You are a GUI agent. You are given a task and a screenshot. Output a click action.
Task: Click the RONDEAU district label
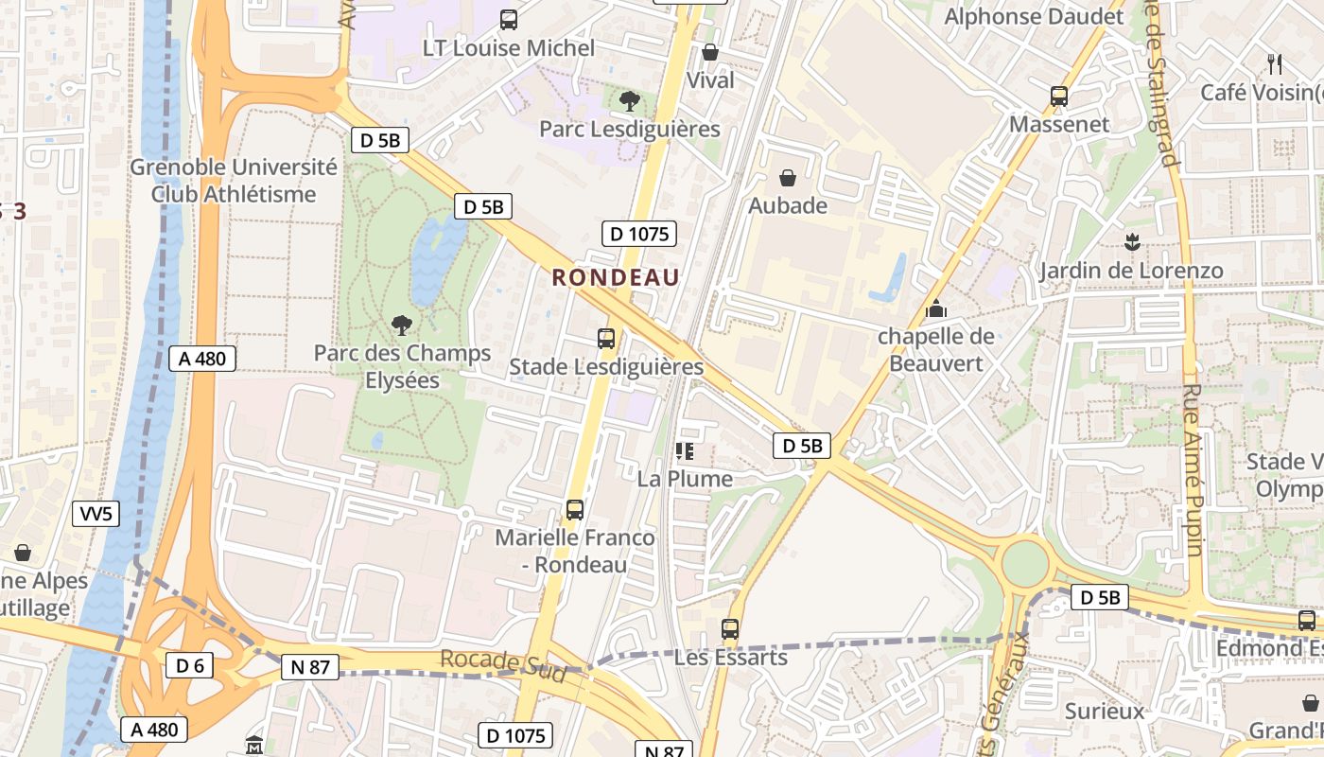point(616,277)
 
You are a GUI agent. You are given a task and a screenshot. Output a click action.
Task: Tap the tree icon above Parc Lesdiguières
point(629,100)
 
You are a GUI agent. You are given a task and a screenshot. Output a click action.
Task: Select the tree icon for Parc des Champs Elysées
point(402,326)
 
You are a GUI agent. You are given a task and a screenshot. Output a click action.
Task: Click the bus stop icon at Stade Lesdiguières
point(606,338)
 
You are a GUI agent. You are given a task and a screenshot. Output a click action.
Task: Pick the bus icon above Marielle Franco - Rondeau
point(574,510)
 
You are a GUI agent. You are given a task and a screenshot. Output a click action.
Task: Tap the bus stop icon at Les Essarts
point(729,628)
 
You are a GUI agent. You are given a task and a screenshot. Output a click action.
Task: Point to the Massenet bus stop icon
point(1059,97)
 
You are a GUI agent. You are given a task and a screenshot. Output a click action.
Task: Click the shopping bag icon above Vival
point(710,52)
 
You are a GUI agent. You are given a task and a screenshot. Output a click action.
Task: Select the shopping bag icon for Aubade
point(787,177)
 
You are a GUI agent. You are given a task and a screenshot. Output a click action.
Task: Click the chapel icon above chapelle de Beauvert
point(936,308)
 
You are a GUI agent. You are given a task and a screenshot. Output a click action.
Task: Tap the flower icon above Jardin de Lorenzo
point(1131,241)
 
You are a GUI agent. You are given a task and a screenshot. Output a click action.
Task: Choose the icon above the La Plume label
point(685,451)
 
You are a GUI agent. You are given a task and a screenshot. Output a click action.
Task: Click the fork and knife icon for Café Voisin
point(1275,63)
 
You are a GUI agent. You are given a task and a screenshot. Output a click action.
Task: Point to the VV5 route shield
point(96,514)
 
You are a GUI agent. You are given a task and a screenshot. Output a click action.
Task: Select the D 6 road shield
point(189,665)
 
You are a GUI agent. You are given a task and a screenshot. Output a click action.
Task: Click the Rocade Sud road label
point(503,664)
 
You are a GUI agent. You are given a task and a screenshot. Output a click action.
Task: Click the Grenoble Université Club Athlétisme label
point(234,181)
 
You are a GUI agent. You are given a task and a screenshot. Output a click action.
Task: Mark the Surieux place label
point(1104,711)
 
